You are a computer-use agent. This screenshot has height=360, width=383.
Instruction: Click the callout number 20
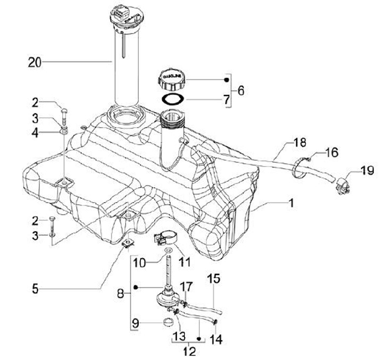point(35,63)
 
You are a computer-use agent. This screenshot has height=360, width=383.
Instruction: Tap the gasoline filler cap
point(172,80)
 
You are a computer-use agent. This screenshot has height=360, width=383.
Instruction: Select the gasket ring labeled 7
point(173,99)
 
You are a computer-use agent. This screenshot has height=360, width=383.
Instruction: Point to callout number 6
point(240,90)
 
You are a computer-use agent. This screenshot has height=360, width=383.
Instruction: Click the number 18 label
point(299,143)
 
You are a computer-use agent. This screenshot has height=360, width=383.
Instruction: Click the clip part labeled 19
point(344,186)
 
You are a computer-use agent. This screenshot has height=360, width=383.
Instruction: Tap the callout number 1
point(291,203)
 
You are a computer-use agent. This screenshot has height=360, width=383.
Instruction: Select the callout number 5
point(36,289)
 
